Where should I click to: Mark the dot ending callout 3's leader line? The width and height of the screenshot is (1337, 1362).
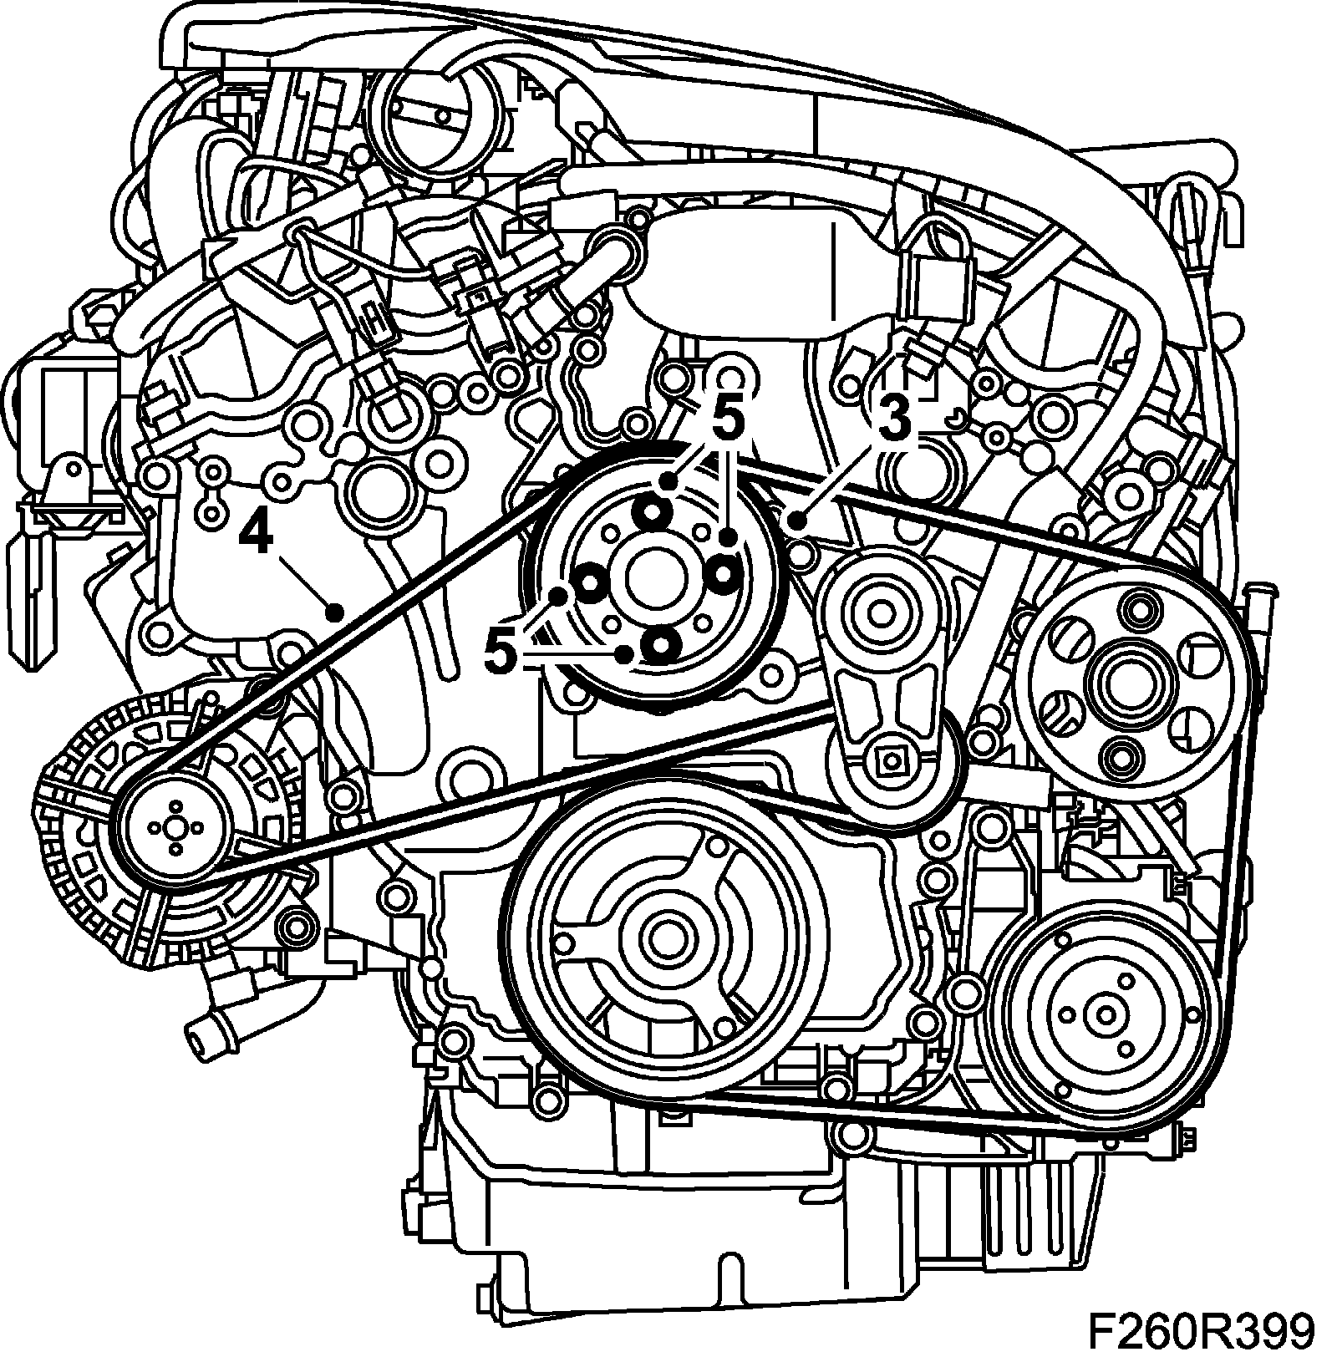click(796, 522)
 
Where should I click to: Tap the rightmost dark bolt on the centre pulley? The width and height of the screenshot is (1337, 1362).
click(724, 572)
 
